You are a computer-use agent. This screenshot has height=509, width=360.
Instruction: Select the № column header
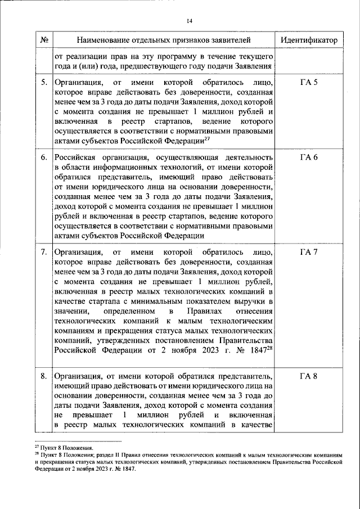44,40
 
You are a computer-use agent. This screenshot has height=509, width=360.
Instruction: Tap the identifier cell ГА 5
309,83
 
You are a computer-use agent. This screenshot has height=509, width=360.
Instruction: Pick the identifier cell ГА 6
309,156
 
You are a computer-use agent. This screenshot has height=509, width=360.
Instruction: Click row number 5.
44,83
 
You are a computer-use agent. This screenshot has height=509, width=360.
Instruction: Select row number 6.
44,156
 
